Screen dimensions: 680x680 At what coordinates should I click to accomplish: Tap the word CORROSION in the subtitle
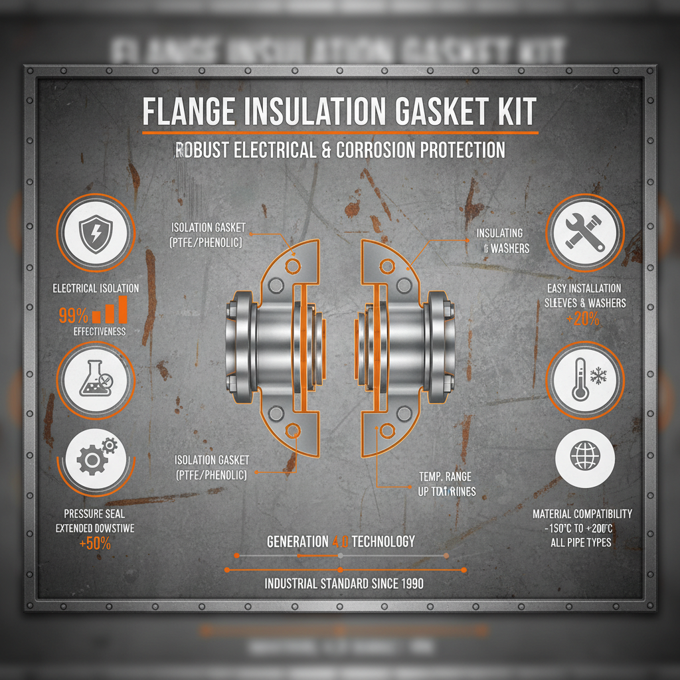click(377, 149)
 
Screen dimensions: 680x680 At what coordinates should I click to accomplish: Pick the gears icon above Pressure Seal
click(97, 457)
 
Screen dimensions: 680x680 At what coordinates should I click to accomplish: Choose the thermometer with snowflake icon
click(584, 380)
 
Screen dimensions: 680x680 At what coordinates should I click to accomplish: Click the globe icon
click(584, 456)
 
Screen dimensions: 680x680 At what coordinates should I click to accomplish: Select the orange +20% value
click(584, 318)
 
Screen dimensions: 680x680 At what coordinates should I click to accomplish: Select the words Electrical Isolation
click(96, 288)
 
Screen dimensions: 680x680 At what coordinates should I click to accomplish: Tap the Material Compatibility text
click(582, 514)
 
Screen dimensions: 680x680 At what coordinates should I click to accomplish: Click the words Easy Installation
click(584, 288)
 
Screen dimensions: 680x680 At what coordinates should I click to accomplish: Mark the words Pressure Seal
click(94, 513)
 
